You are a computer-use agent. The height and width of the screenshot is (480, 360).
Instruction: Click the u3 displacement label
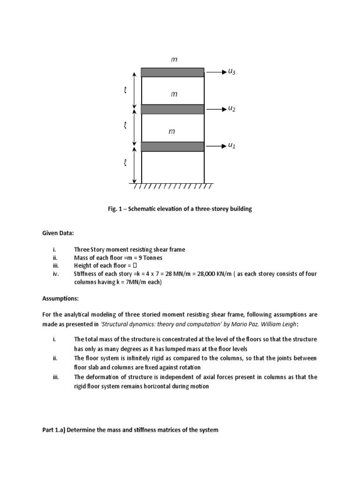pos(232,72)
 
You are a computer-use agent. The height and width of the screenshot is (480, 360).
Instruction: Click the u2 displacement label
pos(231,109)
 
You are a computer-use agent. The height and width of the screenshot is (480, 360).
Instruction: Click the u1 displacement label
pos(231,146)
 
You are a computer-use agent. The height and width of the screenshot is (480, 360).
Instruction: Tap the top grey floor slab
pos(172,72)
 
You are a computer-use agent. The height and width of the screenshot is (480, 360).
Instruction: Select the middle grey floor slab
pos(172,109)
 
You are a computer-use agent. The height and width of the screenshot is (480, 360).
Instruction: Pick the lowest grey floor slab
pos(172,147)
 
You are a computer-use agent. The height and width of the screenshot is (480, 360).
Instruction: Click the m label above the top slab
pos(174,60)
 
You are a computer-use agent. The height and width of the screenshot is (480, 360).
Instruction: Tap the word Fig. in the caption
pos(113,209)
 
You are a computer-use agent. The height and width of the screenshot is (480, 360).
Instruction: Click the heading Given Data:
pos(58,233)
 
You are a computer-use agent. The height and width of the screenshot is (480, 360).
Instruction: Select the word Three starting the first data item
pos(82,249)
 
